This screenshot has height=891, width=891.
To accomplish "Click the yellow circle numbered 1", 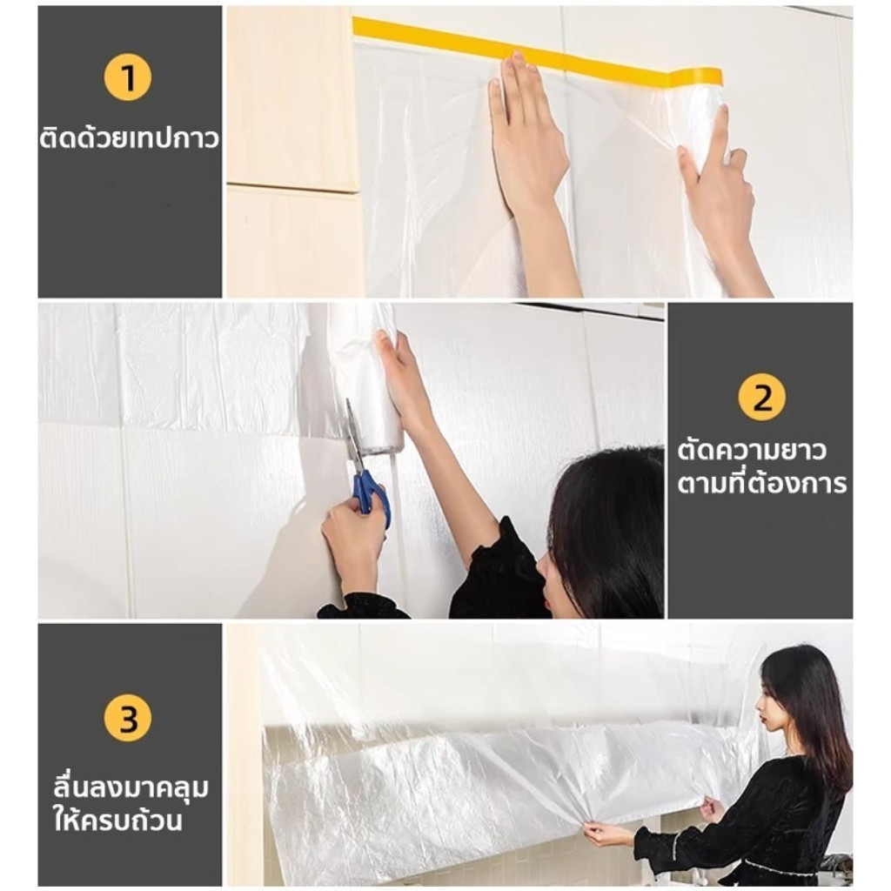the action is pos(128,77).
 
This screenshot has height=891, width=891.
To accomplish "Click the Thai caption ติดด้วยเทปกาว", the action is pos(129,137).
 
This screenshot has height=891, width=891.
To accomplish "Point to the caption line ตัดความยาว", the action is pos(751,450).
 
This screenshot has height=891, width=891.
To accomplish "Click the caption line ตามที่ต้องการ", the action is pos(762,484).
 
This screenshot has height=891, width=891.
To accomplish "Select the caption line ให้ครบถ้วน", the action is pos(117,820).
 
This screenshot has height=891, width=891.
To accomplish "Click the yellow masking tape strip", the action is pos(536,52).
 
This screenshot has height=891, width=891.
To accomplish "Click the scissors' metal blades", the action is pos(353,437).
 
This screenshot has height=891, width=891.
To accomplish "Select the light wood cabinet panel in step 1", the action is pos(292,97).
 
